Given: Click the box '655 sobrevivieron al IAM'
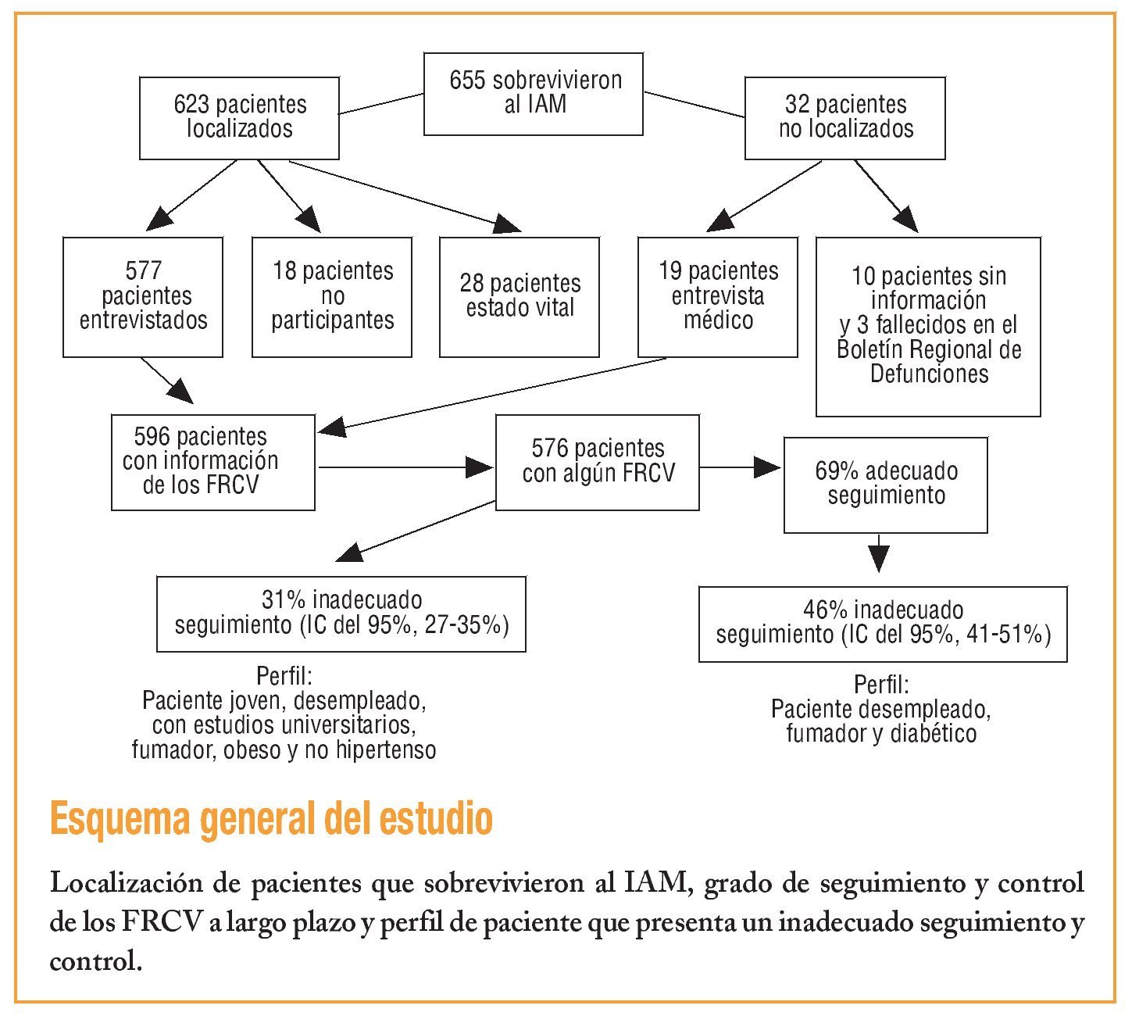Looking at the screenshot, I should [534, 94].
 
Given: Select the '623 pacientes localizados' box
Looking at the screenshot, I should [239, 117].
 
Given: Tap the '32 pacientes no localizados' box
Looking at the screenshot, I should [844, 117].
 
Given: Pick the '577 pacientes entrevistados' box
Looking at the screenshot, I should [143, 297].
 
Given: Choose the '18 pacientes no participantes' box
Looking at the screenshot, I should [332, 297].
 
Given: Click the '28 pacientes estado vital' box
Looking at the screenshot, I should [520, 297].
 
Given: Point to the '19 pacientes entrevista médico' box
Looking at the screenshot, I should [718, 297].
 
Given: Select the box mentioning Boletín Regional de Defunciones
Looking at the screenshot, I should [928, 327].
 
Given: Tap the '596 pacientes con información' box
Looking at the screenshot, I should [212, 462].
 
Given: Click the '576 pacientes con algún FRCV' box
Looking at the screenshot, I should [598, 462].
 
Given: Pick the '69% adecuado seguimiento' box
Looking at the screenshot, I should [885, 485].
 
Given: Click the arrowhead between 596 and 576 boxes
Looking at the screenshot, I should [479, 467].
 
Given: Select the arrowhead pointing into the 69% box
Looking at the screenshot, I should [767, 468].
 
